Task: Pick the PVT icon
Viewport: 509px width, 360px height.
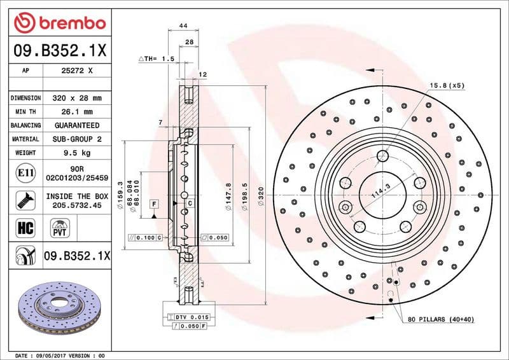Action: click(60, 228)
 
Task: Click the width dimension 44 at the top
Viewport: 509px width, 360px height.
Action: click(183, 25)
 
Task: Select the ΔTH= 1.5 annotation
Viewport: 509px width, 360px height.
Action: click(157, 59)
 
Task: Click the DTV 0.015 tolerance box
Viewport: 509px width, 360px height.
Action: click(190, 317)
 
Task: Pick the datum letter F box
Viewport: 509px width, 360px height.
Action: click(154, 203)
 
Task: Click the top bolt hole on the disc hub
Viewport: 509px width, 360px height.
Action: click(382, 156)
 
